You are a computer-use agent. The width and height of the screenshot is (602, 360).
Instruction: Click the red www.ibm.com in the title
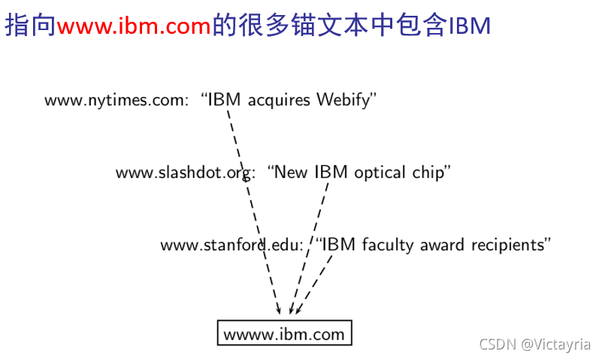(x=133, y=26)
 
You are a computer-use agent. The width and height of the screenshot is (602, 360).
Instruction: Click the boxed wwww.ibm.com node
(x=284, y=334)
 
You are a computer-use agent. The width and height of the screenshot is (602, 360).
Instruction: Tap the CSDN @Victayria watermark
(x=534, y=344)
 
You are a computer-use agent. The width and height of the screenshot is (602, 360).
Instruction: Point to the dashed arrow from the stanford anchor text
(x=316, y=282)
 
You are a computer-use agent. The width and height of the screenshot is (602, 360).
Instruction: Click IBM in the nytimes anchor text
(x=224, y=100)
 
